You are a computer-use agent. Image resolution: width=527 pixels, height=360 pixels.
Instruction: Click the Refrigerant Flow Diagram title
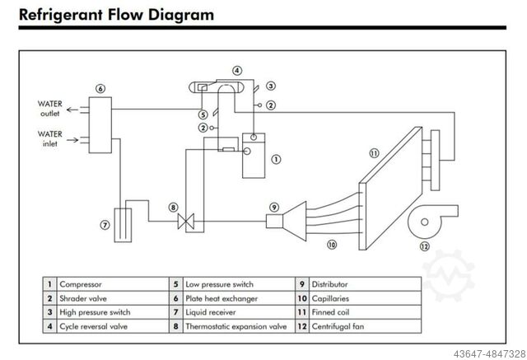[115, 14]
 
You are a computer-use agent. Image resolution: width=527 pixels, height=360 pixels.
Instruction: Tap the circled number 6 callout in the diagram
[100, 88]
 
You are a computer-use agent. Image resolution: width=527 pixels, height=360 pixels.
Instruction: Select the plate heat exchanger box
[101, 123]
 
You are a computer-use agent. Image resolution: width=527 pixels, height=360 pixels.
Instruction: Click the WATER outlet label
[49, 109]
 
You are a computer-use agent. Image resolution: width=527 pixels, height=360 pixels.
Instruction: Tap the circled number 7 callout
[105, 223]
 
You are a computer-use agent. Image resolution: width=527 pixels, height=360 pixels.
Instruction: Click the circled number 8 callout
[173, 208]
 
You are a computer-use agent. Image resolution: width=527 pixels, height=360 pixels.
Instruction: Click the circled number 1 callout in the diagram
[276, 160]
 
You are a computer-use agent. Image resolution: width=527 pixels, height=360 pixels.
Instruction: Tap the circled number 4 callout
[237, 71]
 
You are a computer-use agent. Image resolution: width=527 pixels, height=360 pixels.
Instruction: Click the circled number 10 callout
[332, 244]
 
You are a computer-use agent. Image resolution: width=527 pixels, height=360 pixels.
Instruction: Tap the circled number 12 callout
[425, 245]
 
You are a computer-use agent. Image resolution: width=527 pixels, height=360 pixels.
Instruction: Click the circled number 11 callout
[374, 152]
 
